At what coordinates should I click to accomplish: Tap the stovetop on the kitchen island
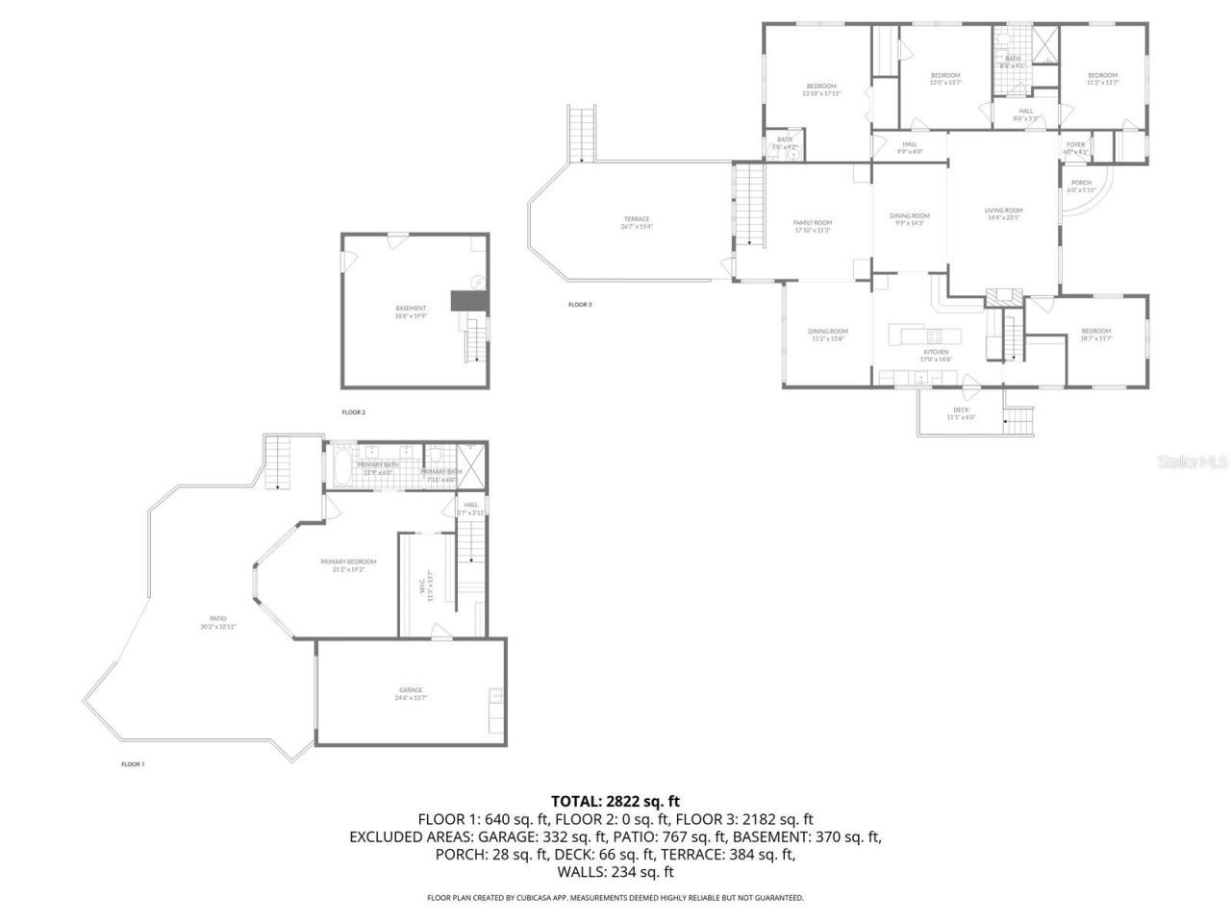click(934, 336)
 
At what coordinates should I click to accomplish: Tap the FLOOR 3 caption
click(580, 305)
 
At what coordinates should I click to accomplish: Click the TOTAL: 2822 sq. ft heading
click(615, 800)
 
